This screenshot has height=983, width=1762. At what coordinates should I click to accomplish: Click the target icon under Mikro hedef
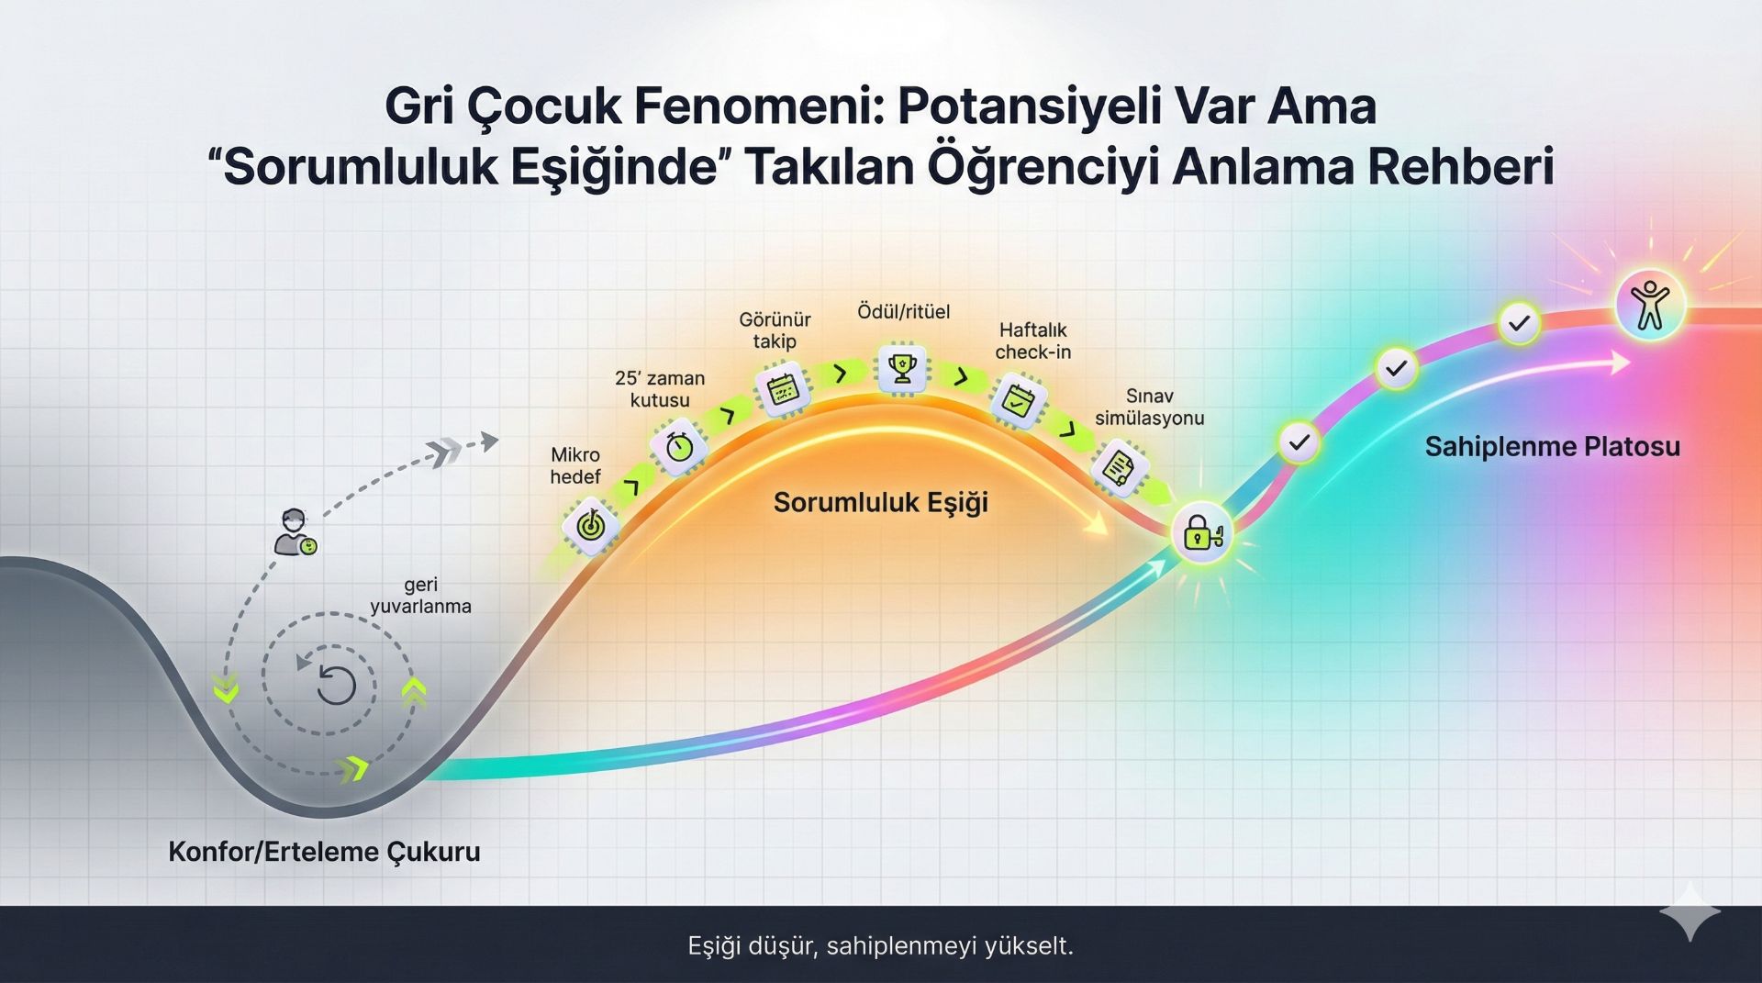(x=590, y=526)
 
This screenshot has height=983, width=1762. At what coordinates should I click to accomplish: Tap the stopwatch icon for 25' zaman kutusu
(x=679, y=447)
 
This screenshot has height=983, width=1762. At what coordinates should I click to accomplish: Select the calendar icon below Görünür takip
(x=782, y=389)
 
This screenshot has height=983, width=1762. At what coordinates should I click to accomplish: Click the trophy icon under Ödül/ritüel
(x=903, y=369)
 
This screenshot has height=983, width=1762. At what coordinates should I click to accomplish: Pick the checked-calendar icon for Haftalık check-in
(x=1018, y=399)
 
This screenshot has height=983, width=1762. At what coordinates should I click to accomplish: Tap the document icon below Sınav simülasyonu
(x=1119, y=468)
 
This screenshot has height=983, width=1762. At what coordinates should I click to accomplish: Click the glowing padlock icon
(x=1200, y=533)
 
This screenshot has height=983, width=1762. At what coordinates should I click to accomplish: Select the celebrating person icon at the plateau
(x=1649, y=305)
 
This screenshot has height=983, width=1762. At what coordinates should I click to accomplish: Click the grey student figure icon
(x=296, y=532)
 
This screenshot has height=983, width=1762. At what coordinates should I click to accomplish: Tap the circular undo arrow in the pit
(x=336, y=685)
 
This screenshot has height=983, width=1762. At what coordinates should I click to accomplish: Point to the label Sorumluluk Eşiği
(x=880, y=502)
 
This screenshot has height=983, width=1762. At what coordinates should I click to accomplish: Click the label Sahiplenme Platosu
(x=1552, y=447)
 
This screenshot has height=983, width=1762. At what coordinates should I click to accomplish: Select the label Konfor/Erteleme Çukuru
(x=324, y=852)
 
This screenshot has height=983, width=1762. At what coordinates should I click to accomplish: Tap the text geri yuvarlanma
(x=420, y=595)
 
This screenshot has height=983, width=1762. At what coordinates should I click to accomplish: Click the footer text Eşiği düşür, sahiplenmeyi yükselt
(x=880, y=945)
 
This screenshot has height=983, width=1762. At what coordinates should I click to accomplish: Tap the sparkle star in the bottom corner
(x=1690, y=911)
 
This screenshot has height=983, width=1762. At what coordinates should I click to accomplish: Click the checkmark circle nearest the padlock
(x=1299, y=443)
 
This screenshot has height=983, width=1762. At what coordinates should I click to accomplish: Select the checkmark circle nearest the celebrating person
(x=1520, y=323)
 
